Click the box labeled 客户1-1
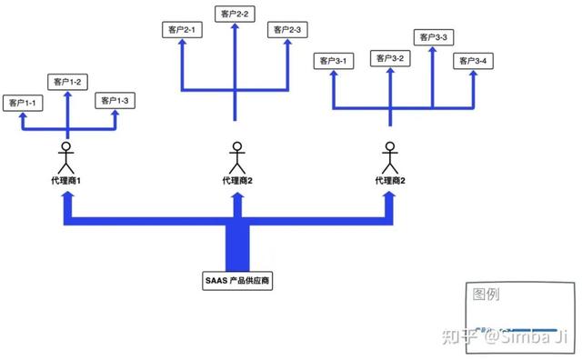click(x=23, y=103)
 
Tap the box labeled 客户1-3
click(x=115, y=99)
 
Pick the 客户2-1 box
click(x=184, y=31)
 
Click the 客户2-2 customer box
click(x=236, y=14)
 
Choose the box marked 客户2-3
click(x=288, y=31)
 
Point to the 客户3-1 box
click(x=333, y=61)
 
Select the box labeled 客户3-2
click(x=390, y=58)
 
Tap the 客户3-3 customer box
click(x=434, y=37)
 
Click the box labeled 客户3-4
click(x=474, y=61)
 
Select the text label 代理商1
click(x=66, y=181)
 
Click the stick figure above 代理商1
click(x=65, y=157)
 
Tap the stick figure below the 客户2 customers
click(x=237, y=157)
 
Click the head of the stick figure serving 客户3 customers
click(x=390, y=145)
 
